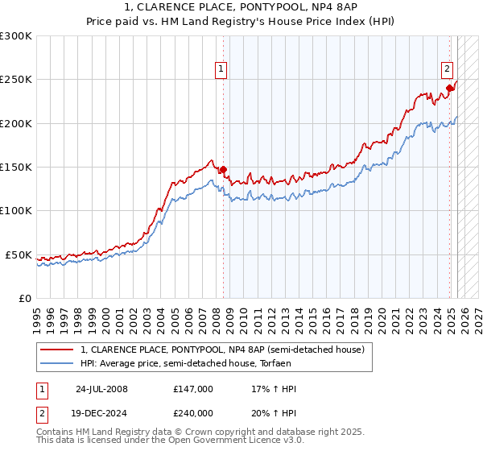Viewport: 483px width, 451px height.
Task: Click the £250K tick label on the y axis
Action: click(16, 80)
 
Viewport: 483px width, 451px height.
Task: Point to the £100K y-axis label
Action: click(16, 211)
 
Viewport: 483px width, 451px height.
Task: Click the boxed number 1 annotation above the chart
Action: click(221, 70)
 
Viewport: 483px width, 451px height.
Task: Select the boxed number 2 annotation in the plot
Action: click(447, 70)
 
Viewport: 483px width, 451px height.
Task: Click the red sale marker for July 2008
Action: click(224, 169)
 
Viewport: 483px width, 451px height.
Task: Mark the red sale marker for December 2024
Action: click(450, 88)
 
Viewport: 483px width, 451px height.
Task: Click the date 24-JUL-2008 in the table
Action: click(101, 389)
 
